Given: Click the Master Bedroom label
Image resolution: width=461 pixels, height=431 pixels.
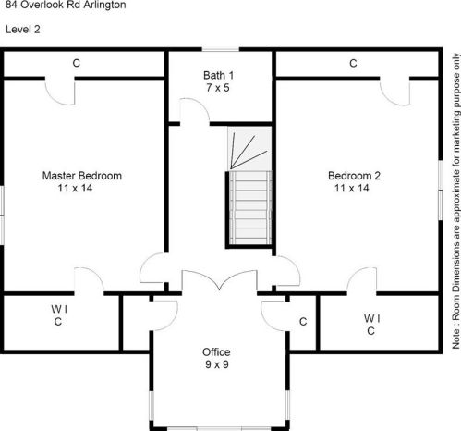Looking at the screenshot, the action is [82, 176].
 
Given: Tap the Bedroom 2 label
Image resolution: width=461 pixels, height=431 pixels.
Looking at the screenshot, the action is [354, 176].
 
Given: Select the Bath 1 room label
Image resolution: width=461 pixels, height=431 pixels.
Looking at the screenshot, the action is [218, 75].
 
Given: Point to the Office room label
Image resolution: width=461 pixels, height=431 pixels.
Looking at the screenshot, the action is [216, 352].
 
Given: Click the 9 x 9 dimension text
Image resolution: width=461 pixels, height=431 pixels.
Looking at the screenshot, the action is [217, 364].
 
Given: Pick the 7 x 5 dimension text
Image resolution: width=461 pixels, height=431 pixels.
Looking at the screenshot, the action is [218, 88].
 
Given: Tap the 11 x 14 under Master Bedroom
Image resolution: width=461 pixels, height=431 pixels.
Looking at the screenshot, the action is [75, 188].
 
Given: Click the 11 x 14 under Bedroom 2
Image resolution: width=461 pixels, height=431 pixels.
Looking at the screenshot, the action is [352, 188].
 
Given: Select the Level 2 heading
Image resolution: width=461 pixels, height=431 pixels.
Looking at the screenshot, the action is [23, 30].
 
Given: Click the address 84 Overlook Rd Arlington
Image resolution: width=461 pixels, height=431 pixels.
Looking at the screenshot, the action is [66, 5].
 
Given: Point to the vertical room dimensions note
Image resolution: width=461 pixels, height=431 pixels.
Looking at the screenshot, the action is [455, 201].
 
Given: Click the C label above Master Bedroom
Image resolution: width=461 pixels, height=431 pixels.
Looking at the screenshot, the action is [77, 63].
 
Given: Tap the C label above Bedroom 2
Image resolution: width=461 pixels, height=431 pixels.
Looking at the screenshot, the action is [353, 63].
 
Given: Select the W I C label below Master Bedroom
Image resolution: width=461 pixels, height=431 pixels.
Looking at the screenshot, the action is [59, 315].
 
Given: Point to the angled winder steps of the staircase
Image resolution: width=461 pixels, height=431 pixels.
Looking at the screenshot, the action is [249, 149].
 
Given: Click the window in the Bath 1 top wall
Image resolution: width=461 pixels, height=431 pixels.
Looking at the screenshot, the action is [221, 49].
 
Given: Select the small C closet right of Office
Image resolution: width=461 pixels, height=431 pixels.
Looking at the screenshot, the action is [303, 322].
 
